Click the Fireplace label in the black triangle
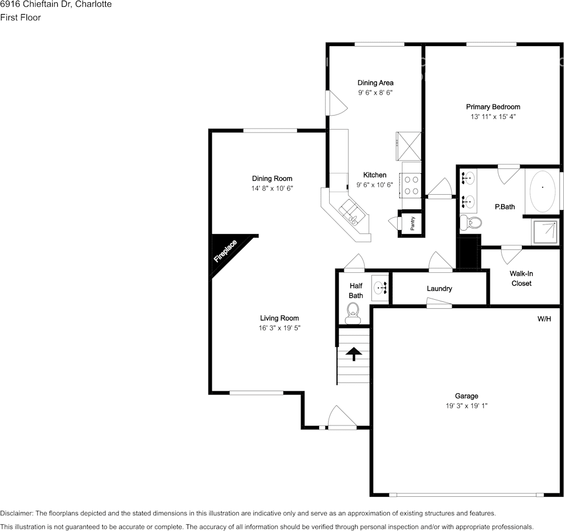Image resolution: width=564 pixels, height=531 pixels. pyautogui.click(x=225, y=250)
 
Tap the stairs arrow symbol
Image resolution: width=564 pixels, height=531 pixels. pyautogui.click(x=354, y=354)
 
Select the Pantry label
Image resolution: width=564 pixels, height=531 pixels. pyautogui.click(x=412, y=223)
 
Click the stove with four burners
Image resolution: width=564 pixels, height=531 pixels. pyautogui.click(x=411, y=185)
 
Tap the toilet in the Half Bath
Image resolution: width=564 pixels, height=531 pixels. pyautogui.click(x=353, y=313)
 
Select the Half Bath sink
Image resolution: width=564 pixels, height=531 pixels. pyautogui.click(x=380, y=287)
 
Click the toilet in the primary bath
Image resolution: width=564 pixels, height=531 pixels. pyautogui.click(x=471, y=222)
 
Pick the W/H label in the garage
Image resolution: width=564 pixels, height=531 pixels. pyautogui.click(x=544, y=319)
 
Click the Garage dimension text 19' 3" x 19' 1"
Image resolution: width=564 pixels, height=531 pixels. pyautogui.click(x=466, y=406)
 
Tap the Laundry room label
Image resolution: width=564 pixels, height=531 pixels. pyautogui.click(x=439, y=289)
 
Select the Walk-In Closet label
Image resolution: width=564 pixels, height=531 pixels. pyautogui.click(x=521, y=278)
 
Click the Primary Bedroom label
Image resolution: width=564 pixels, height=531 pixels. pyautogui.click(x=493, y=107)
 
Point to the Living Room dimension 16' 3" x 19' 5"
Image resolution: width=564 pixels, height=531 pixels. pyautogui.click(x=280, y=328)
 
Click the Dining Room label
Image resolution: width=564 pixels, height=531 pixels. pyautogui.click(x=272, y=178)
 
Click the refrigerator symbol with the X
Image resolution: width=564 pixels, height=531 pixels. pyautogui.click(x=409, y=147)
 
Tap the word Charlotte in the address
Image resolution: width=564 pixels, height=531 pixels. pyautogui.click(x=93, y=4)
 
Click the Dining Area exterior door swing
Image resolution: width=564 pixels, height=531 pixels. pyautogui.click(x=336, y=103)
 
